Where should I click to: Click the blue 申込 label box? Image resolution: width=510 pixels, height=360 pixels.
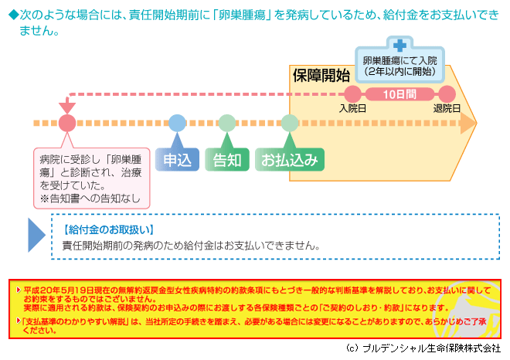(x=177, y=159)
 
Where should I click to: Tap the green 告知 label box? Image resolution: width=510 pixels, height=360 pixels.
(x=227, y=159)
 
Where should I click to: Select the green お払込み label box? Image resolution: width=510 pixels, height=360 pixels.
(x=290, y=159)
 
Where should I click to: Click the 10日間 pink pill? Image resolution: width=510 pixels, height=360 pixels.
(x=399, y=94)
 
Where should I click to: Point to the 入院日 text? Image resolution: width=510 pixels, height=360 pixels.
(x=352, y=108)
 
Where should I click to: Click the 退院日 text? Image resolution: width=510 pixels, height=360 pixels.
(x=447, y=108)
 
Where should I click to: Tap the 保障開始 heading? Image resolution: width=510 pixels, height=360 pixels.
(x=321, y=76)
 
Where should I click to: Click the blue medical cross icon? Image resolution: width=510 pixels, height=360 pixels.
(x=399, y=46)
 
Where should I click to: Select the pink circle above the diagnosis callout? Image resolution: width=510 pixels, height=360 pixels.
(x=67, y=124)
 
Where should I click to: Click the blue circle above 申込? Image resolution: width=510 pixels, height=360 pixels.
(x=177, y=124)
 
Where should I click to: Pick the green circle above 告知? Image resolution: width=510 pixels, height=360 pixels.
(x=227, y=124)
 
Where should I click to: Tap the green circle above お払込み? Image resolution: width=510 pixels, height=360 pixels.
(x=290, y=124)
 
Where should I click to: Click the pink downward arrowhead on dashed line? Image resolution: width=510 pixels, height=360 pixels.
(x=67, y=107)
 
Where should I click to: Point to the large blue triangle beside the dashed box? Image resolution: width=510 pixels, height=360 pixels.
(x=36, y=235)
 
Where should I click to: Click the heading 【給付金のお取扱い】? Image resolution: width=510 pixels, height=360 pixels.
(x=109, y=230)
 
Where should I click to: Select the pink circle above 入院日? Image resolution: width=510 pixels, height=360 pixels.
(x=353, y=94)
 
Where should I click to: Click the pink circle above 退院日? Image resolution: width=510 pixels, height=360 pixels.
(x=447, y=94)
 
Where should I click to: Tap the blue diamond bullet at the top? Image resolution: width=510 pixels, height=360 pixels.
(x=14, y=15)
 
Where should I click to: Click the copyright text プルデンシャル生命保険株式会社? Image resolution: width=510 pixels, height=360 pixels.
(x=432, y=348)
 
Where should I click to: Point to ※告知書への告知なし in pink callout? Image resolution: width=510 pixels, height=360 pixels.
(x=90, y=199)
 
